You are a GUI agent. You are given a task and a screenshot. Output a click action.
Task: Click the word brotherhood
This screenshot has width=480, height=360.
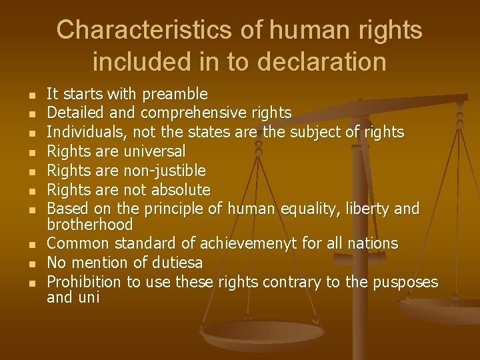click(x=90, y=224)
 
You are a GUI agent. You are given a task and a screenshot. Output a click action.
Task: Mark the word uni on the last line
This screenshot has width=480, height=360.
click(x=89, y=297)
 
